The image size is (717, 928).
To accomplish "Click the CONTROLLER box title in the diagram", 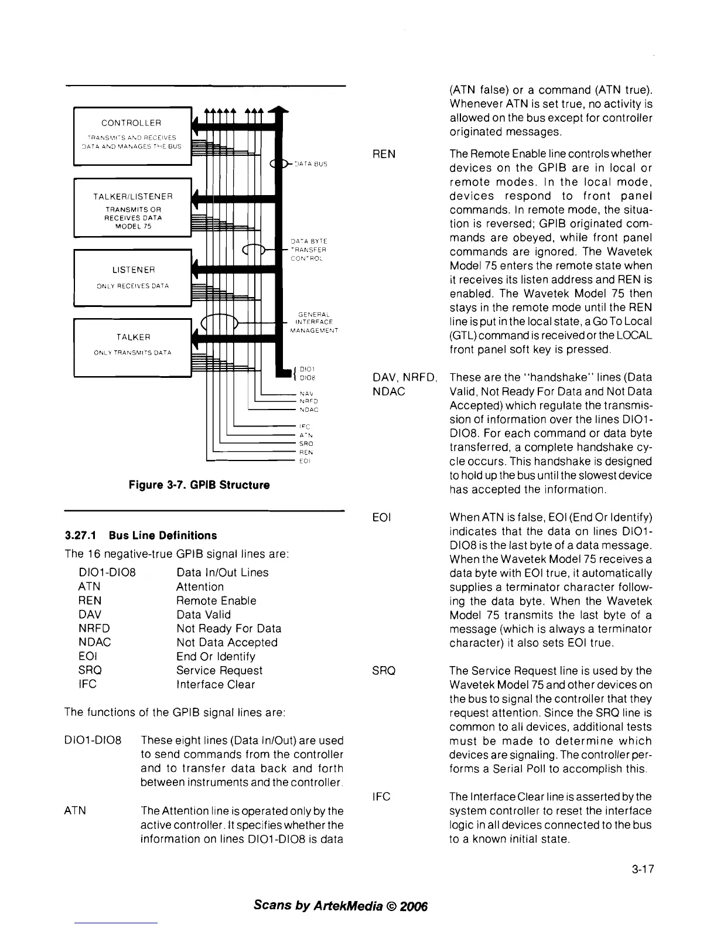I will tap(131, 123).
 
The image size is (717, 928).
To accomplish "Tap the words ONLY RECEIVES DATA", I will tap(132, 286).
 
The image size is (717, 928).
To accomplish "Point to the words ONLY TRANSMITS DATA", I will tap(132, 353).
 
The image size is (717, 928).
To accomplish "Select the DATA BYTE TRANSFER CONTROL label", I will tap(309, 250).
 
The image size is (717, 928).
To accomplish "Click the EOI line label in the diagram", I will tap(304, 461).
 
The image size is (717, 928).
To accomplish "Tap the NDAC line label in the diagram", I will tap(308, 410).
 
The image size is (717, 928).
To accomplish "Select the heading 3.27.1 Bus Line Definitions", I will tap(141, 535).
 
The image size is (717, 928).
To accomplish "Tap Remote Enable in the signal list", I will tap(216, 601).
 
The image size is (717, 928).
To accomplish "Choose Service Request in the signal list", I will tap(219, 670).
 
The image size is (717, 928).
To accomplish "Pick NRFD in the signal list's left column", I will tap(94, 628).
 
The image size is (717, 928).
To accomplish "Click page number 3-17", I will tap(642, 870).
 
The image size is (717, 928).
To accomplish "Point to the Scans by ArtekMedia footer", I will tap(342, 905).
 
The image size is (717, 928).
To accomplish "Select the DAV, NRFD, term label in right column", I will tap(405, 377).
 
